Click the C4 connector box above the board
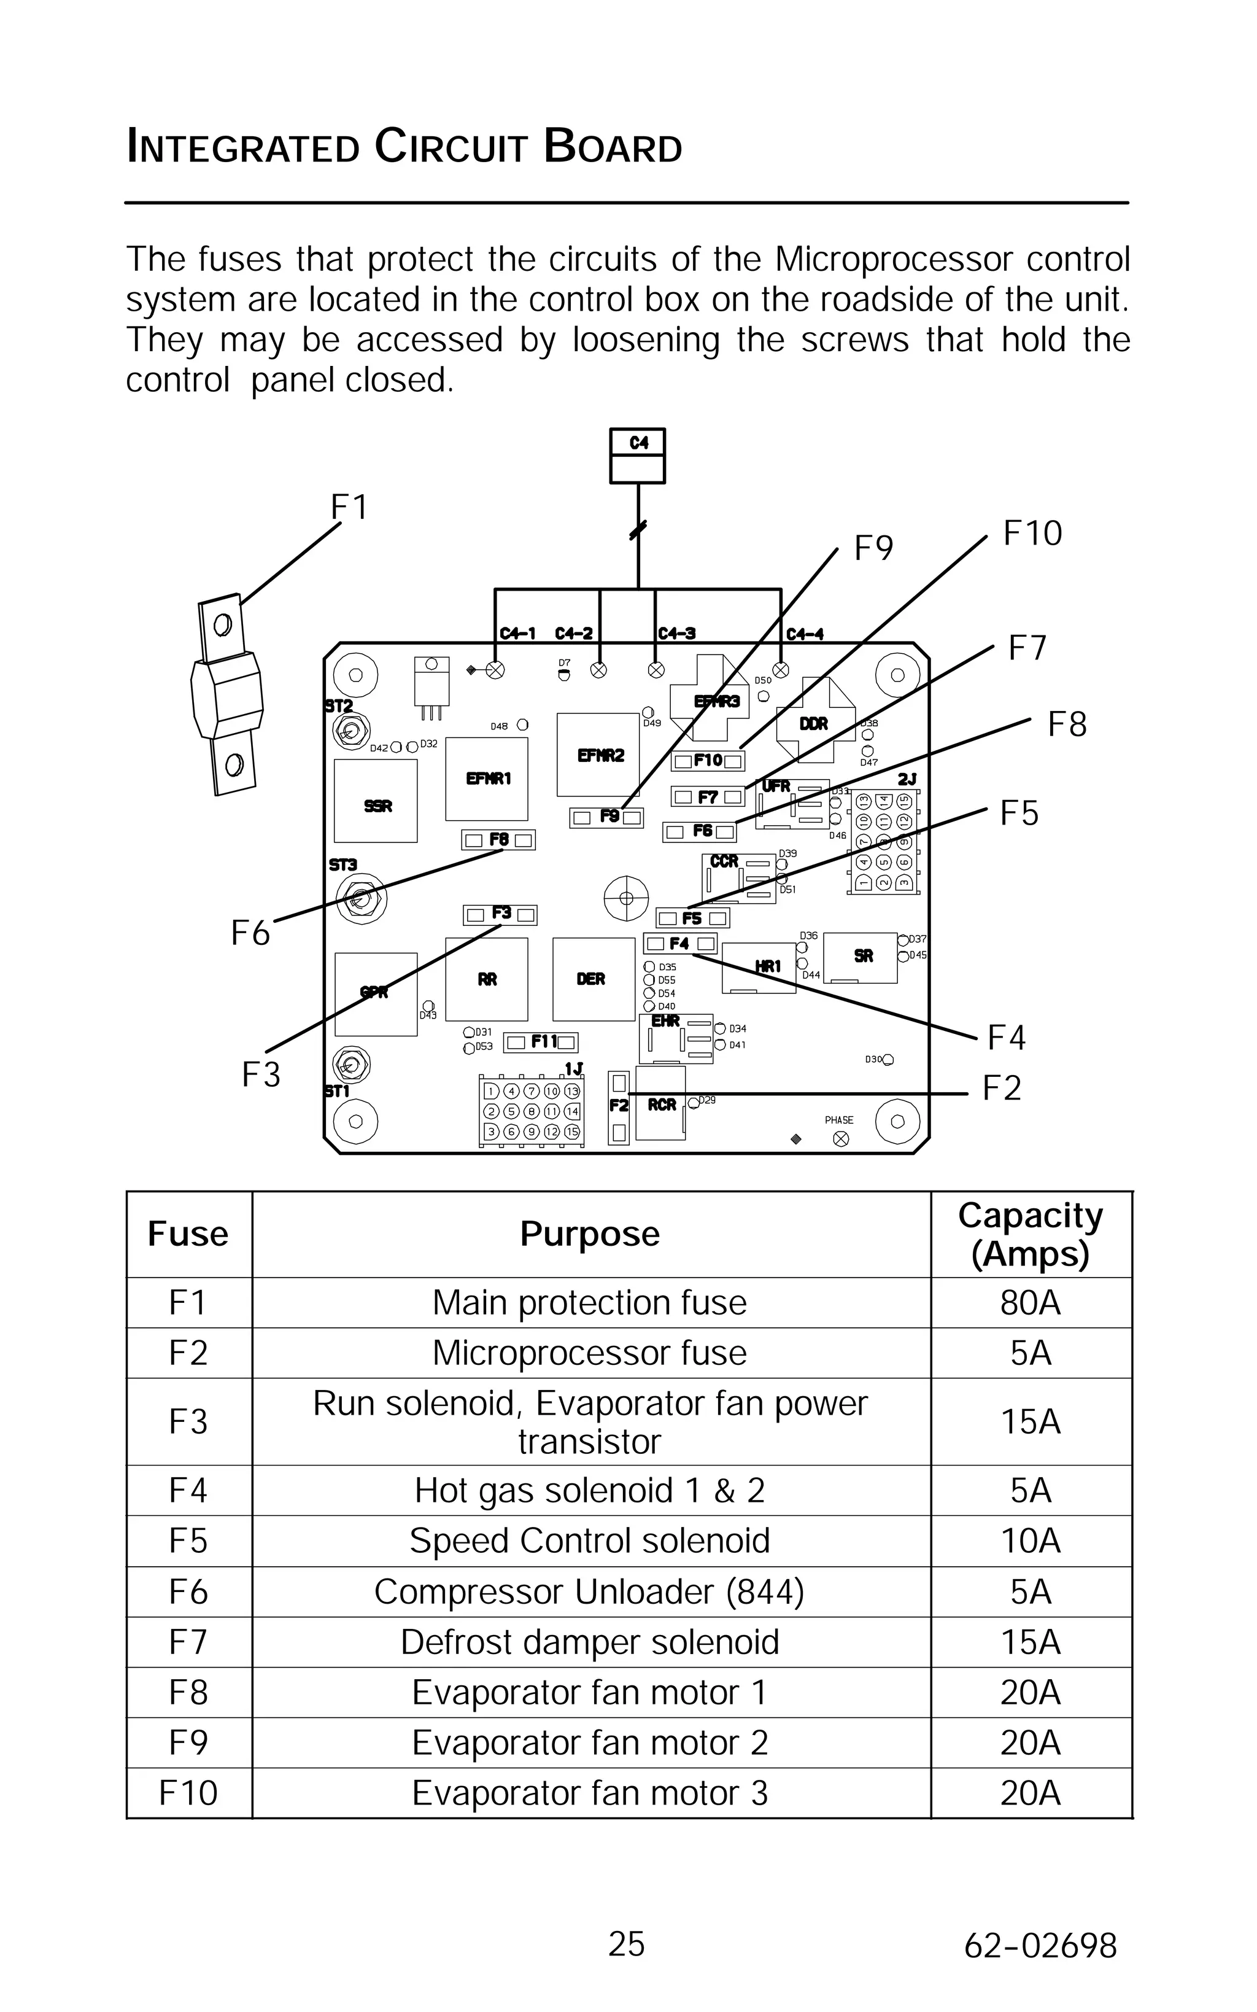click(x=638, y=456)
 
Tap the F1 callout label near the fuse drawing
click(x=349, y=507)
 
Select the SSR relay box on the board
click(x=376, y=801)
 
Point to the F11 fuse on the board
click(x=541, y=1042)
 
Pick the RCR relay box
click(x=661, y=1103)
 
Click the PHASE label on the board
click(x=839, y=1120)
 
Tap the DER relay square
click(x=594, y=979)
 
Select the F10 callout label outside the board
click(x=1032, y=534)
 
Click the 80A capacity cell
click(x=1031, y=1303)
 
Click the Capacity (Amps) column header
click(x=1031, y=1235)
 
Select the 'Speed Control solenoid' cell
click(x=590, y=1540)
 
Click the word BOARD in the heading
click(x=613, y=147)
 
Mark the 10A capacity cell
click(x=1031, y=1540)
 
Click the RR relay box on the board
click(x=486, y=979)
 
